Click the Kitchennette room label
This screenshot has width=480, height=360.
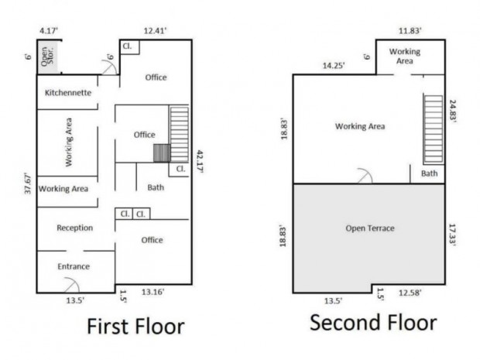point(68,93)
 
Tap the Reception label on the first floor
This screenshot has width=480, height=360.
point(75,228)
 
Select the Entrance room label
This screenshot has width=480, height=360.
point(74,266)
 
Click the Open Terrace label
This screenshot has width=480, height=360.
point(370,228)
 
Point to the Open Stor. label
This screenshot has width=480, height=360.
point(47,56)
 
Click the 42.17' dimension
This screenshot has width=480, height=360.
point(200,162)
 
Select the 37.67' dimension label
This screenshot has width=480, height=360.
point(28,183)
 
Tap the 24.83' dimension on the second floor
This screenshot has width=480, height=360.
point(453,111)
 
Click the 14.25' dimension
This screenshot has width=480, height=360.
point(334,66)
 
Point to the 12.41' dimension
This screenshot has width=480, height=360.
point(156,31)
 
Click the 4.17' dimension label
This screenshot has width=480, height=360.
point(49,31)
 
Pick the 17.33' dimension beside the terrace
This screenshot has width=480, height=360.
point(453,235)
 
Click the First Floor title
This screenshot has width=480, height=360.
point(135,327)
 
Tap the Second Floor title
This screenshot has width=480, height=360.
point(373,323)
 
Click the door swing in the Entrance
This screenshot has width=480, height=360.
point(72,285)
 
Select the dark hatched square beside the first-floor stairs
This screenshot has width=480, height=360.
point(162,153)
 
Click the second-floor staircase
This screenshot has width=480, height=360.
point(434,129)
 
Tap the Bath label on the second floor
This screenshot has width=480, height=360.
point(430,173)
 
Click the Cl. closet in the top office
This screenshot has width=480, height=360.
point(130,46)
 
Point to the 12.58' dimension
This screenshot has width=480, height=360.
point(410,293)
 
